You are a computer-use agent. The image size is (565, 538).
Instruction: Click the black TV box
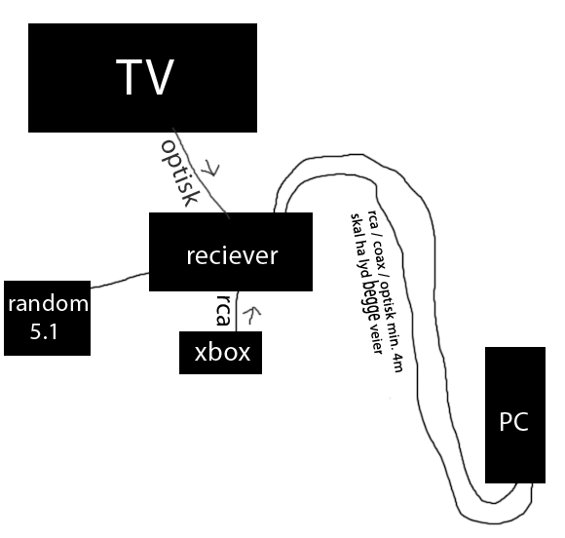(x=142, y=78)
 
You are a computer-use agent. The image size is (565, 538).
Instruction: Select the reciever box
(x=231, y=251)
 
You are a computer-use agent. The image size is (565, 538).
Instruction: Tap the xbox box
(x=220, y=353)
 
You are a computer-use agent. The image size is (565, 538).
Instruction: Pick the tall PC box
(x=515, y=415)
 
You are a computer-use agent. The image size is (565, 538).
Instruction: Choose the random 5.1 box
(x=47, y=318)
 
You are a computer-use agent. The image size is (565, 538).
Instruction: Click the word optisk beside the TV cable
(x=179, y=173)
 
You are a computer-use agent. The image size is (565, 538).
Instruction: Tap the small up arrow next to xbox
(x=252, y=315)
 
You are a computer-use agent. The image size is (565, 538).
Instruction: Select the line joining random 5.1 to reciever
(x=120, y=280)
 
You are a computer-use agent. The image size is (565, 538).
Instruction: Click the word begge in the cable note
(x=371, y=301)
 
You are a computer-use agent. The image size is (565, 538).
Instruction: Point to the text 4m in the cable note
(x=397, y=363)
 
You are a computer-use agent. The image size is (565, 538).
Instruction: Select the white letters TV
(x=145, y=77)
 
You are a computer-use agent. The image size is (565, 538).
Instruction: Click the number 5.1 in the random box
(x=44, y=331)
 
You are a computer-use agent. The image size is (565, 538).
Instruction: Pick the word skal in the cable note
(x=357, y=224)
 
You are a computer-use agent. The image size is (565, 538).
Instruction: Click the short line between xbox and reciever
(x=237, y=311)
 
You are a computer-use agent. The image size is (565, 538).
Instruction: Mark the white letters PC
(x=513, y=421)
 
